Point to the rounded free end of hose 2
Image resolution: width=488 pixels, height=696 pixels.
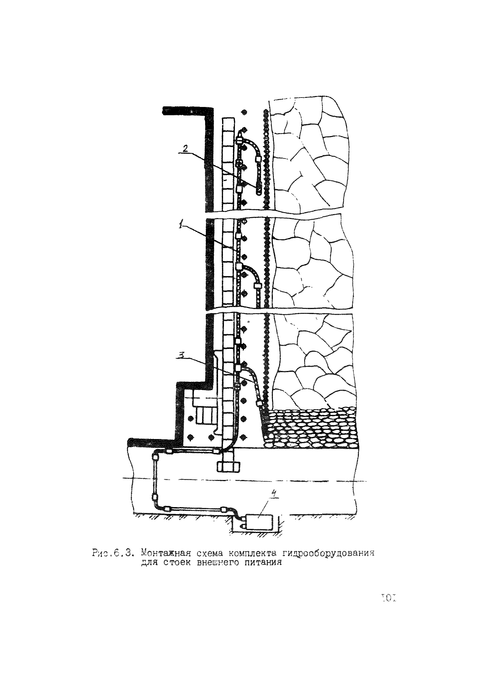point(258,191)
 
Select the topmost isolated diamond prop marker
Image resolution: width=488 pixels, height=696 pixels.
point(244,113)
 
